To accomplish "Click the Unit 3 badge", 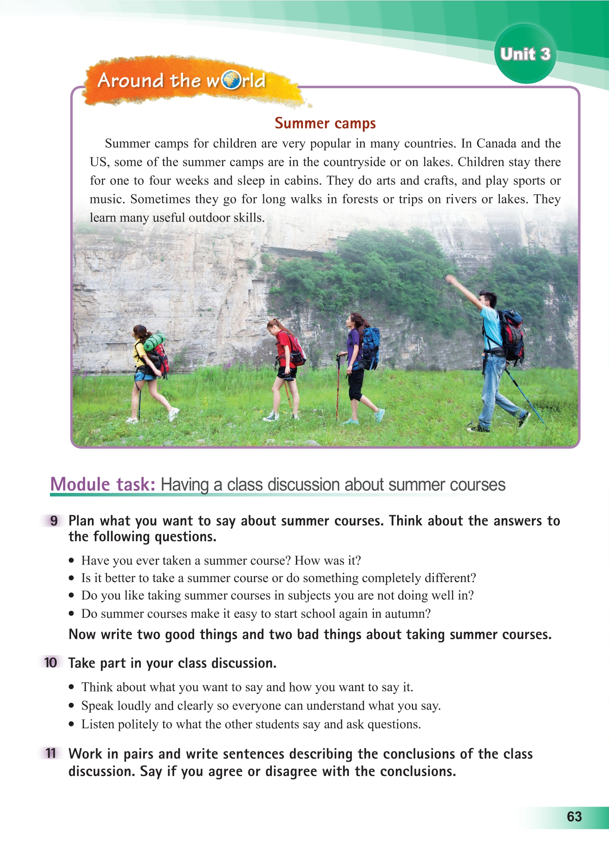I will coord(525,54).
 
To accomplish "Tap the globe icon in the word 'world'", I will coord(231,80).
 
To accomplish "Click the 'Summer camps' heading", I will coord(325,123).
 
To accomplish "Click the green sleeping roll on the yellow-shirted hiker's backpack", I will coord(155,342).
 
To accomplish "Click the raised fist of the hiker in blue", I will coord(449,280).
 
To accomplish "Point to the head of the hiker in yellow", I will coord(139,332).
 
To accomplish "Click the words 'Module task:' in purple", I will coord(103,485).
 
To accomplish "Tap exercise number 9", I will coord(54,521).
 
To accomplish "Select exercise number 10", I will coord(51,662).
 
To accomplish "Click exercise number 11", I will coord(51,753).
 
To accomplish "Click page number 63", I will coord(574,816).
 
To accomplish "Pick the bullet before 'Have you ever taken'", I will coord(71,561).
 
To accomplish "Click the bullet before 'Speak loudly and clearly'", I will coord(71,706).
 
